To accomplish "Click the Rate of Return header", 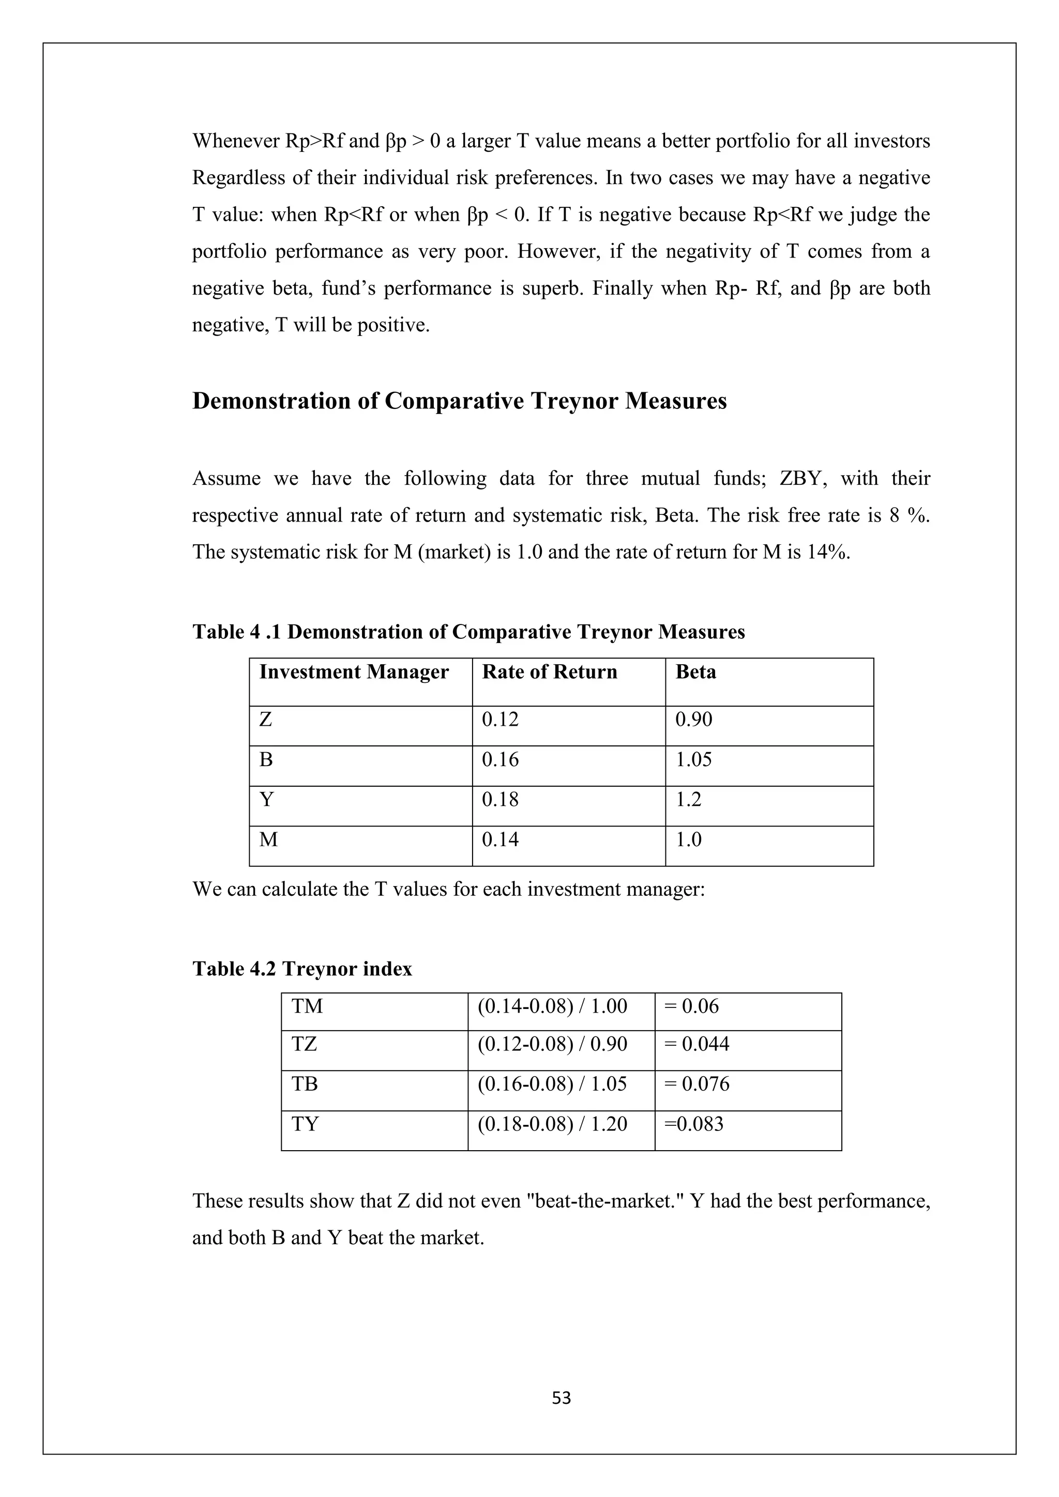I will point(549,672).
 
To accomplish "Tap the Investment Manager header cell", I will point(354,672).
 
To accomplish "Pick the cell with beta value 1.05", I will point(693,759).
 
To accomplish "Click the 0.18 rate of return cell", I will point(500,799).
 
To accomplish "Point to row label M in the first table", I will point(268,840).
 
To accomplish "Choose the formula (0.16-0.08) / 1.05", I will point(552,1083).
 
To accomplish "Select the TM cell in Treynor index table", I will point(307,1006).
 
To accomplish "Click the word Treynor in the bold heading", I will point(574,401).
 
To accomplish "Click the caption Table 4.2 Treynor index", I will point(302,969).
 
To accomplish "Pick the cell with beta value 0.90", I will point(693,720).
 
